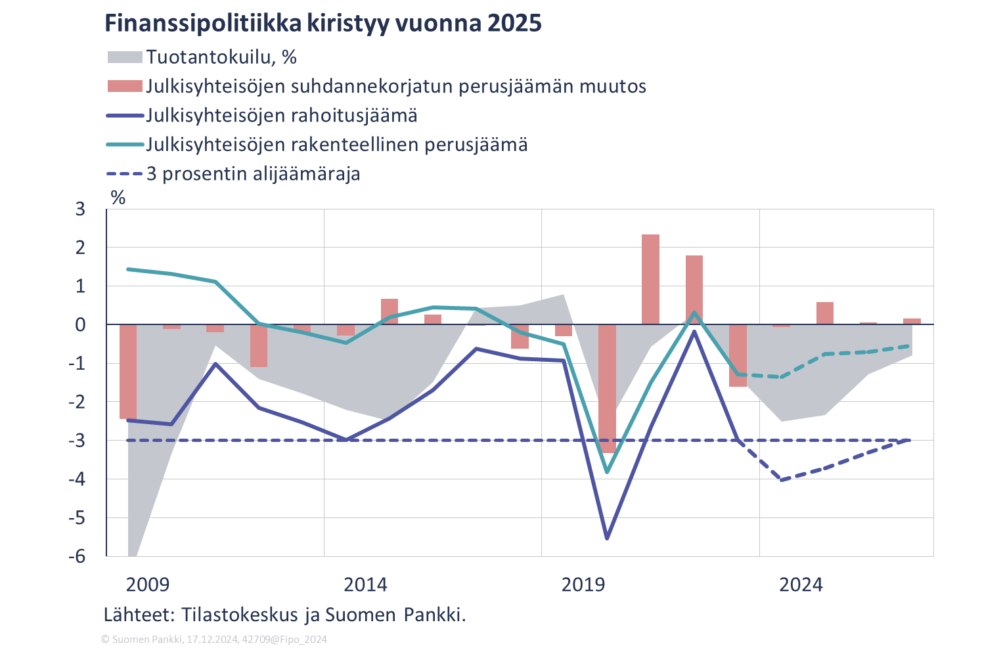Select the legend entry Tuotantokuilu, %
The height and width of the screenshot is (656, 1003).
click(x=221, y=57)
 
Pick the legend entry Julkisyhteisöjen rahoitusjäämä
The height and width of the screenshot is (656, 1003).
click(x=281, y=116)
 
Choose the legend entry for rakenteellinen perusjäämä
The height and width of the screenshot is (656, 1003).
click(x=336, y=144)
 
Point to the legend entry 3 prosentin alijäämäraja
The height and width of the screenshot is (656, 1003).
click(x=253, y=174)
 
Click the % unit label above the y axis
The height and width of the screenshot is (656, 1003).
click(x=118, y=198)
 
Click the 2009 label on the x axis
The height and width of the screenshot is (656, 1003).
click(x=148, y=585)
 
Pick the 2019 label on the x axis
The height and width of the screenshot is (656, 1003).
click(x=583, y=585)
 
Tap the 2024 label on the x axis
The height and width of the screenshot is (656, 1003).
click(x=801, y=585)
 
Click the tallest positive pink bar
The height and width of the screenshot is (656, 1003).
click(x=650, y=279)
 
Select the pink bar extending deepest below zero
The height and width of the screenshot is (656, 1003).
click(x=607, y=389)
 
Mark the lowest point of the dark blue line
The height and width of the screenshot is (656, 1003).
click(x=607, y=538)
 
